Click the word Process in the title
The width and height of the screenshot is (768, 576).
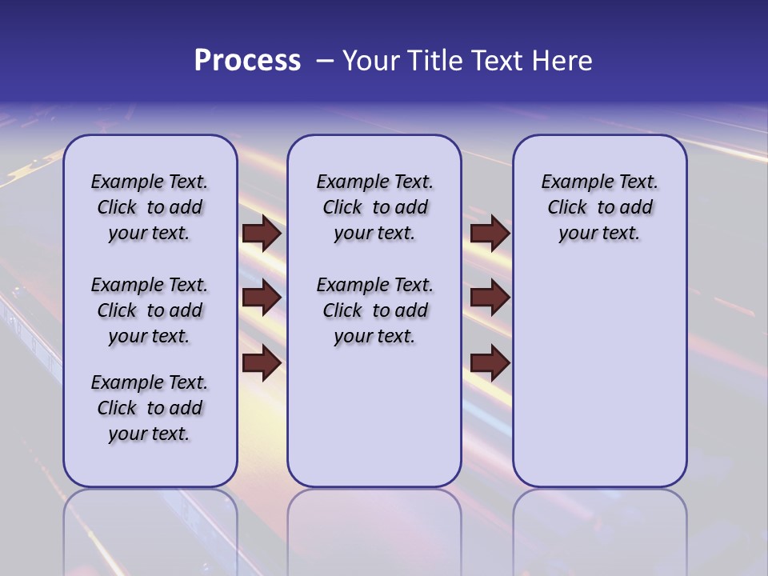click(x=247, y=61)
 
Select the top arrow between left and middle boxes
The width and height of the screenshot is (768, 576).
click(x=262, y=233)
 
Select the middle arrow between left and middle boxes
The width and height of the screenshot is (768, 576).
click(x=262, y=298)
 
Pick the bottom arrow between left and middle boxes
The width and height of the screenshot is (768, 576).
click(x=262, y=364)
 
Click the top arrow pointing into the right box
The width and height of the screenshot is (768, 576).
click(x=490, y=233)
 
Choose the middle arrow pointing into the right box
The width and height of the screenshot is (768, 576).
click(x=490, y=298)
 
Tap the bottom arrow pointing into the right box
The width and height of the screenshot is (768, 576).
click(x=490, y=364)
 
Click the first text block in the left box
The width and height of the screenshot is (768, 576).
click(x=150, y=207)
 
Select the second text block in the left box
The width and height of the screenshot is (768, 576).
click(x=150, y=310)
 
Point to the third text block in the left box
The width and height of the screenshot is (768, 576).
click(x=150, y=408)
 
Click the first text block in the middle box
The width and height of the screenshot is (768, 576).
click(x=374, y=207)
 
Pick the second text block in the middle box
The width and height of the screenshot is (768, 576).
click(x=374, y=310)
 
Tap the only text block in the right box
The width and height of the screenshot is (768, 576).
click(x=599, y=207)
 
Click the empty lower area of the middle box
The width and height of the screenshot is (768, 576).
click(x=374, y=416)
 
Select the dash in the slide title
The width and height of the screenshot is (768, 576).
click(x=324, y=61)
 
